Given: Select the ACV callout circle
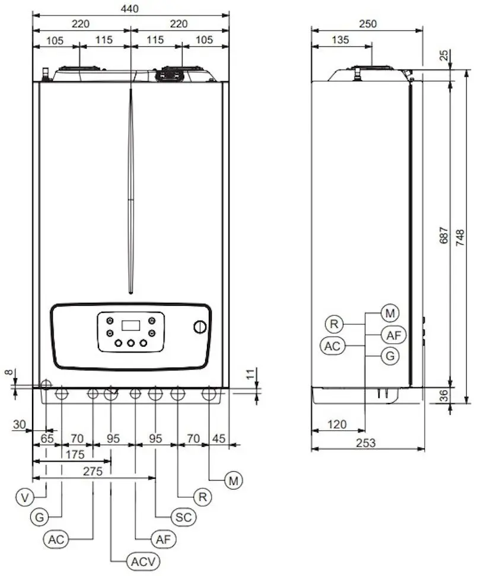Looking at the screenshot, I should (x=142, y=561).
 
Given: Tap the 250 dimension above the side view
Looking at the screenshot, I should (x=367, y=24).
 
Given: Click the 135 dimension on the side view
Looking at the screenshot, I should (x=340, y=40).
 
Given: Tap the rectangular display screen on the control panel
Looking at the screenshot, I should (x=130, y=325).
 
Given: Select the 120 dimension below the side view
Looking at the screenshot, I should (x=336, y=425).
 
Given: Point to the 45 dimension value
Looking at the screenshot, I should (x=219, y=439).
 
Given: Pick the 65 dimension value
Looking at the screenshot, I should (x=47, y=439).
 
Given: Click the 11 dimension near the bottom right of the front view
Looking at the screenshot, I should (x=250, y=373).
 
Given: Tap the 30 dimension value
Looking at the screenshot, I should (x=20, y=424).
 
